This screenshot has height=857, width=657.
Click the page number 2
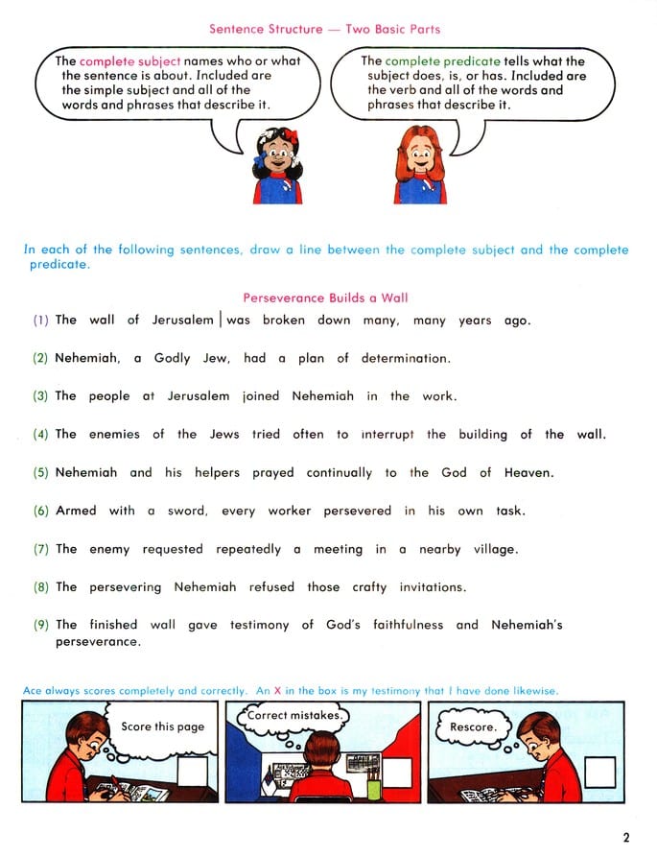pyautogui.click(x=626, y=837)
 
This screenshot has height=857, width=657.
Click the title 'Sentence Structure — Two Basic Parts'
pyautogui.click(x=325, y=30)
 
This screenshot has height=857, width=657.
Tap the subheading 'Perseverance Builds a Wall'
pyautogui.click(x=325, y=298)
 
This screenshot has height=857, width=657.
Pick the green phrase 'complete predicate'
pyautogui.click(x=443, y=61)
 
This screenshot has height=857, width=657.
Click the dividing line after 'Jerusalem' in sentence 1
pyautogui.click(x=221, y=319)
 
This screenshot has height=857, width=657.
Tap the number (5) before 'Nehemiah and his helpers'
pyautogui.click(x=40, y=473)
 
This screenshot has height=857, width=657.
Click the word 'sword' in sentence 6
pyautogui.click(x=188, y=512)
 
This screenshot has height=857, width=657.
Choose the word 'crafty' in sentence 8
pyautogui.click(x=369, y=587)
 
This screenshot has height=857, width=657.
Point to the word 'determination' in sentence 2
pyautogui.click(x=405, y=359)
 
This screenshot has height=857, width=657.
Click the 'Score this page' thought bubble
pyautogui.click(x=162, y=726)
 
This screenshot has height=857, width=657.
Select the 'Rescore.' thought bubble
pyautogui.click(x=474, y=726)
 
